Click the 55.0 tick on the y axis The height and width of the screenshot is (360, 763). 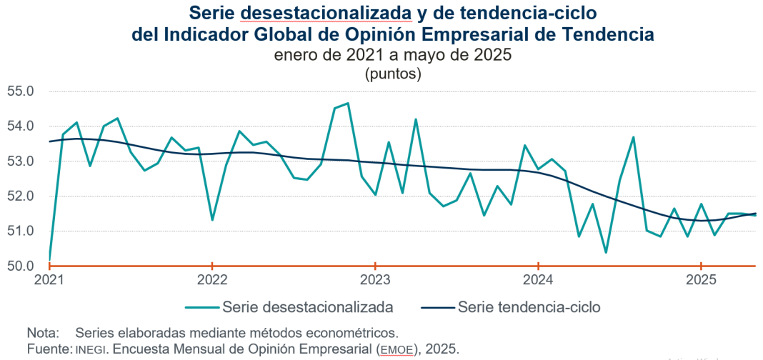pyautogui.click(x=21, y=91)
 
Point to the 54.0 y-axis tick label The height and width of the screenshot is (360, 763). pyautogui.click(x=21, y=126)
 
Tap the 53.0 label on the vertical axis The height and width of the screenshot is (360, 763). pyautogui.click(x=21, y=161)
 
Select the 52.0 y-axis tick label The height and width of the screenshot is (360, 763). pyautogui.click(x=21, y=196)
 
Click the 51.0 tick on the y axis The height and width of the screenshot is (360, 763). pyautogui.click(x=21, y=231)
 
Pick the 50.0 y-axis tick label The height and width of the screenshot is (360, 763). pyautogui.click(x=21, y=266)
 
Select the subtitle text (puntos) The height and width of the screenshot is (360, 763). pyautogui.click(x=392, y=73)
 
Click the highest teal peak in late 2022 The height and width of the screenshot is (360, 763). pyautogui.click(x=348, y=104)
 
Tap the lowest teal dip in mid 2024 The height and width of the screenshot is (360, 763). pyautogui.click(x=606, y=252)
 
